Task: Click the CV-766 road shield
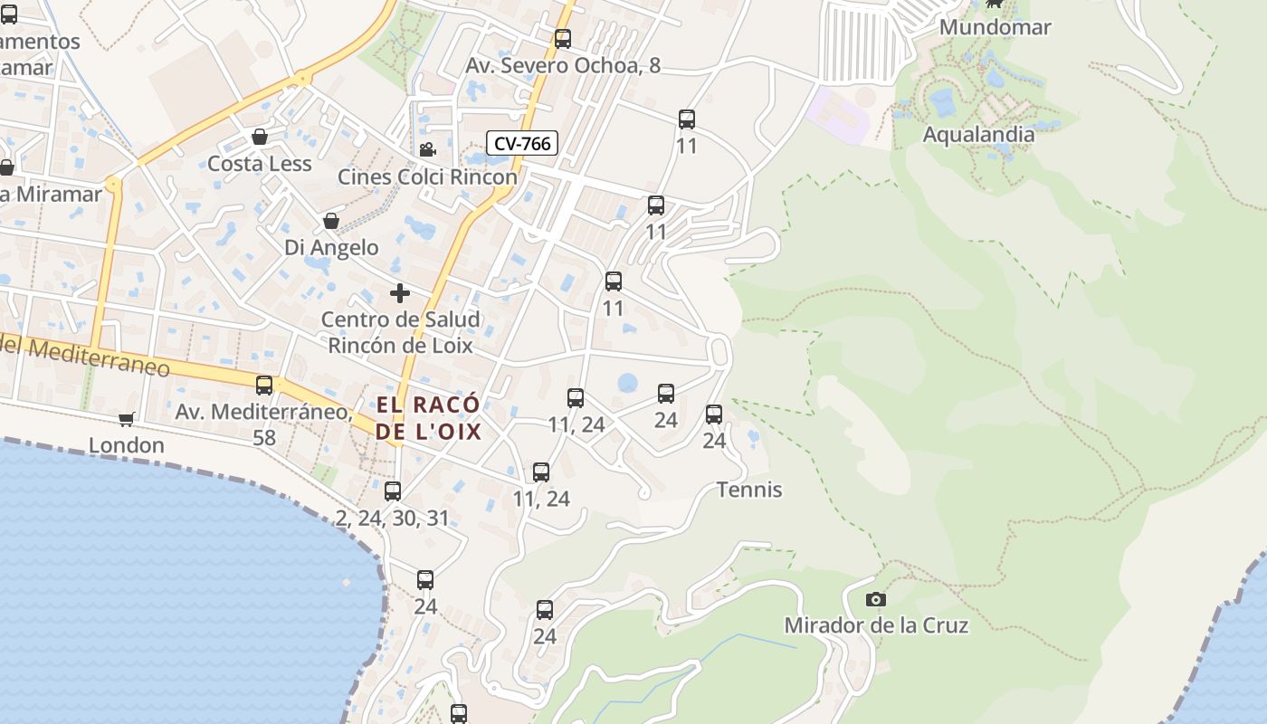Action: click(522, 143)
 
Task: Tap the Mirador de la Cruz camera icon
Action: click(875, 599)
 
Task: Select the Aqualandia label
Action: click(978, 135)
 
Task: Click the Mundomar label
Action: click(995, 27)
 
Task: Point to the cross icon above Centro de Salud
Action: click(400, 293)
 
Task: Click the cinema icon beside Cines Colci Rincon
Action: click(427, 150)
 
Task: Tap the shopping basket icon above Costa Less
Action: click(260, 137)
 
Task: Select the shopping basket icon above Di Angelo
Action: click(331, 221)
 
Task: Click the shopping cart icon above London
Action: click(127, 419)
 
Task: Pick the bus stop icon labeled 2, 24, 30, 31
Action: click(393, 491)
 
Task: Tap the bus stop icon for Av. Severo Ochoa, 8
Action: click(563, 39)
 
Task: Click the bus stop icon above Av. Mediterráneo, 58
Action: click(264, 386)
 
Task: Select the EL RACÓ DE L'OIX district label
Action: click(428, 418)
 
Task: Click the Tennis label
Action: click(749, 490)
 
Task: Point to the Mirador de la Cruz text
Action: click(876, 625)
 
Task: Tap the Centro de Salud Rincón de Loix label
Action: click(400, 332)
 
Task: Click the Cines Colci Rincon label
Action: click(427, 176)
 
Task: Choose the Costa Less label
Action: click(260, 164)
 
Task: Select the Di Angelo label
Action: click(331, 247)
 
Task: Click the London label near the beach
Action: click(127, 445)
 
